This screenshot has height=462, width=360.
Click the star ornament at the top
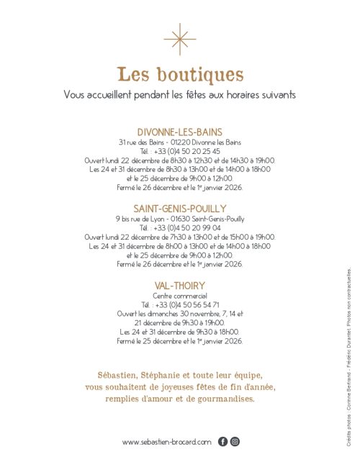pos(180,39)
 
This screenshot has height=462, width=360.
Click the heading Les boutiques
pos(180,74)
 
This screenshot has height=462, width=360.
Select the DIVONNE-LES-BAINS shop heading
pos(180,132)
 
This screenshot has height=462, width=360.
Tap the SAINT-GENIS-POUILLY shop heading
pos(180,209)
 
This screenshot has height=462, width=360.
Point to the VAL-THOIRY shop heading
pos(180,286)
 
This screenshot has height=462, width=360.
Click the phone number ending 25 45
pos(186,151)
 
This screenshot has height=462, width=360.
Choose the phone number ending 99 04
pos(186,227)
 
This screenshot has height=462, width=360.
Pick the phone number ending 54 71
pos(186,304)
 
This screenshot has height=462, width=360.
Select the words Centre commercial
pos(180,296)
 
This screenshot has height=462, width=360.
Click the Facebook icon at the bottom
pos(222,442)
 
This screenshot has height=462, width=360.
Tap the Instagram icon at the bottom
pos(235,442)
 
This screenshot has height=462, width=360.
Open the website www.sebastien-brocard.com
pos(167,442)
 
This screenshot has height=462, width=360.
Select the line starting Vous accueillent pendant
pos(180,94)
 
